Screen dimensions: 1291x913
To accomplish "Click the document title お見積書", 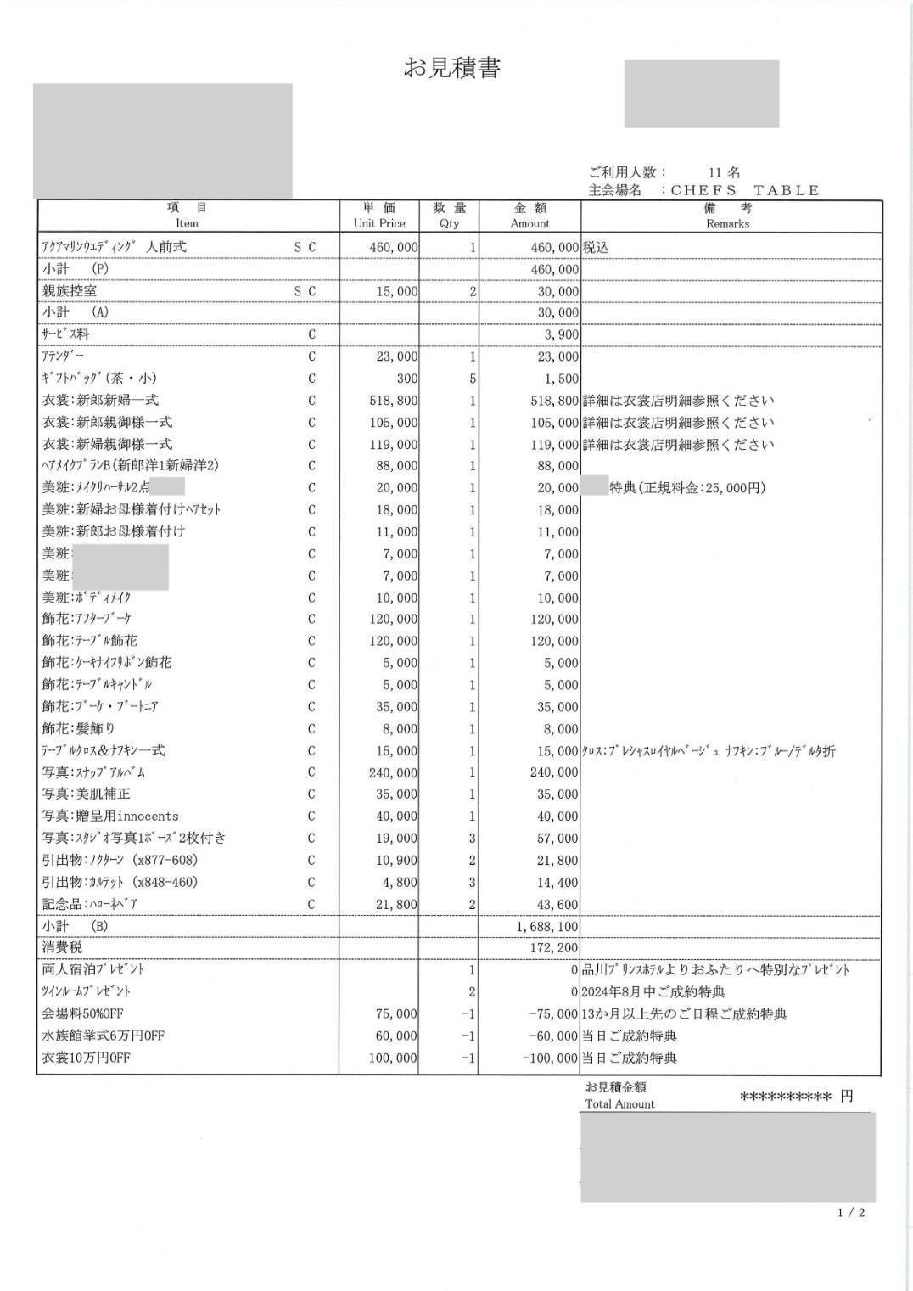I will point(452,68).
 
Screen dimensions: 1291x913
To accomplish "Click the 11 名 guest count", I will point(724,172).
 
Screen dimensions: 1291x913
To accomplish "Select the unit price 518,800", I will point(393,401).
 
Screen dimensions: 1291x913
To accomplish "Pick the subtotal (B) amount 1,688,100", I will point(547,927).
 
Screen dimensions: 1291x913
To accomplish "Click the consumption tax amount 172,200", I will point(554,948).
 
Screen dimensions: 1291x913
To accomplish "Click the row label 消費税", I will point(62,947).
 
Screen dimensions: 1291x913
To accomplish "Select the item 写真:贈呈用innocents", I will point(110,817).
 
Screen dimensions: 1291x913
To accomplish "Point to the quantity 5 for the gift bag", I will point(473,379).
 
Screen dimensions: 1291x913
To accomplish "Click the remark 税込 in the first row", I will point(596,248).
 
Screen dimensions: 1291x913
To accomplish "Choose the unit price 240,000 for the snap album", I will point(393,772).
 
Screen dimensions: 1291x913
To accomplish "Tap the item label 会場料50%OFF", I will point(83,1013).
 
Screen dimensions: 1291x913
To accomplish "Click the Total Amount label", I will point(619,1104).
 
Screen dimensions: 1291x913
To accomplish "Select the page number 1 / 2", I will point(851,1213).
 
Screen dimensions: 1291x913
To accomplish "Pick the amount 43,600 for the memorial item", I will point(557,905).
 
